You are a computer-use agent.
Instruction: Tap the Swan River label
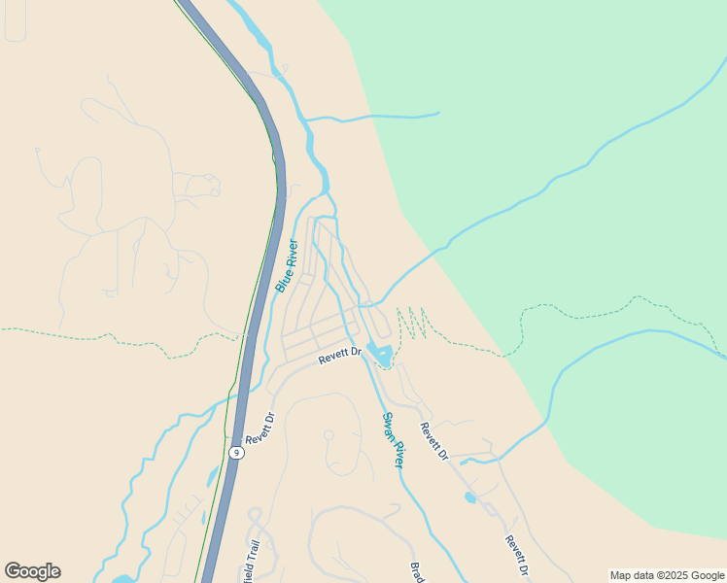click(393, 440)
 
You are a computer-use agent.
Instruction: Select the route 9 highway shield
click(236, 453)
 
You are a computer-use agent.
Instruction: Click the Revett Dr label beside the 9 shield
click(260, 429)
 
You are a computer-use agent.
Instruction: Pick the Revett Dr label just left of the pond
click(340, 356)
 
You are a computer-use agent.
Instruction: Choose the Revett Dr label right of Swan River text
click(433, 441)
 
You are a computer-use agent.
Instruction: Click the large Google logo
click(32, 571)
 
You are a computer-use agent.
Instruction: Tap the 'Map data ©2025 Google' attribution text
click(667, 575)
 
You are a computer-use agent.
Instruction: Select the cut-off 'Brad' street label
click(416, 572)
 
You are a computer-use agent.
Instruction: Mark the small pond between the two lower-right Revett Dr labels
click(470, 497)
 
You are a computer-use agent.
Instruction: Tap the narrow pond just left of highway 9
click(212, 475)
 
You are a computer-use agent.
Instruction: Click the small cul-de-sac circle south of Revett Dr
click(329, 435)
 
